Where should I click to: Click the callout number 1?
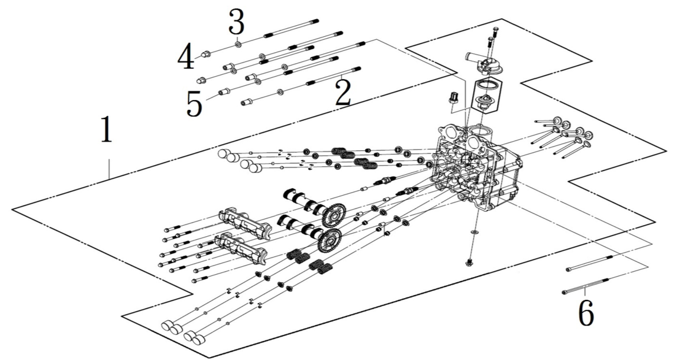(x=106, y=131)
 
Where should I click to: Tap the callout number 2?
(x=343, y=93)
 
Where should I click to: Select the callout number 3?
(x=237, y=23)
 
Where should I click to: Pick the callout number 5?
(x=195, y=104)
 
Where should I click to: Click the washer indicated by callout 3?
(x=238, y=44)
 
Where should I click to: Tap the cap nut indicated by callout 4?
(x=208, y=53)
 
